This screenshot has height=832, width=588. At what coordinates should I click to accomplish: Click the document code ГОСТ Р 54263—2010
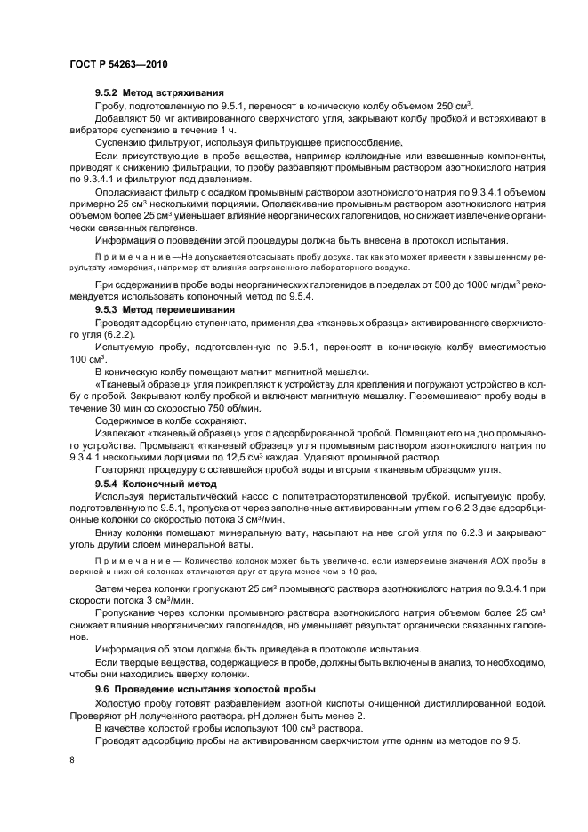tap(117, 67)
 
